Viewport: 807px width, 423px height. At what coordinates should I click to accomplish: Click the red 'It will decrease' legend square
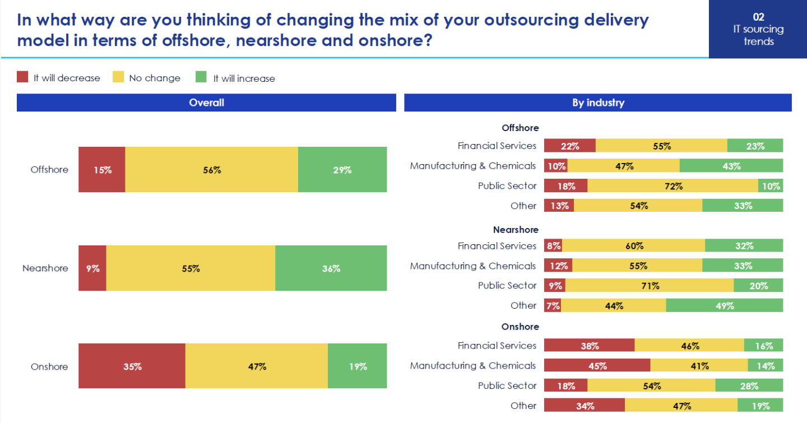point(22,77)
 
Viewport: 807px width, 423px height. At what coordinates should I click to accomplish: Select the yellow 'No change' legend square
point(118,77)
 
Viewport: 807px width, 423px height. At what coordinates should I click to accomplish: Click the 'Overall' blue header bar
point(206,103)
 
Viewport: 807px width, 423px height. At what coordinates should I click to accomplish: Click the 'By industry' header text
point(598,103)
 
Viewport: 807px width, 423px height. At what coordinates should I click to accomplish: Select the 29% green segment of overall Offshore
point(342,170)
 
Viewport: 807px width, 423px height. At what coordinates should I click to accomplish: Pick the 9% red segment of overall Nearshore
point(92,268)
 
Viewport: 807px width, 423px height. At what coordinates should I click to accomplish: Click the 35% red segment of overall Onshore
point(132,367)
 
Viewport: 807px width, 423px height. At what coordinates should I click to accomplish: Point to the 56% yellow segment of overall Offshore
point(211,170)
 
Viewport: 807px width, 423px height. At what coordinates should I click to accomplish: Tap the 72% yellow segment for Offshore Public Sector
point(672,186)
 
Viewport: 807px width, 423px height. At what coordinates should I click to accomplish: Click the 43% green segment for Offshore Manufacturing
point(731,166)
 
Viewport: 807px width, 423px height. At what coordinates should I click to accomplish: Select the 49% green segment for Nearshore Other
point(724,305)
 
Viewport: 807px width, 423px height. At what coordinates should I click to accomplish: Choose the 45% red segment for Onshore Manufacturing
point(597,366)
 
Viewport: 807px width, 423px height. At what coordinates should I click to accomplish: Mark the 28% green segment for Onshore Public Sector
point(749,386)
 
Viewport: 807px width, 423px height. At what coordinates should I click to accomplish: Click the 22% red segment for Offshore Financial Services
point(569,146)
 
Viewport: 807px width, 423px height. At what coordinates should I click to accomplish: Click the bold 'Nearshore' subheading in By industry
point(516,230)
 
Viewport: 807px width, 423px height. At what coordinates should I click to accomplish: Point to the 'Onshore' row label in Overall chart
point(49,367)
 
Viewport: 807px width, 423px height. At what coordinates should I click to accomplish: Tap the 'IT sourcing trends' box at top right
point(758,29)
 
